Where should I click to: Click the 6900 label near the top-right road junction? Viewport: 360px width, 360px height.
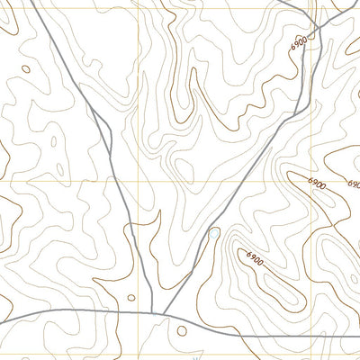point(301,42)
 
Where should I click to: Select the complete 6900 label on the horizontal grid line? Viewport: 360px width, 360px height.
point(318,182)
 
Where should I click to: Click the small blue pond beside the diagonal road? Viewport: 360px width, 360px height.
point(214,235)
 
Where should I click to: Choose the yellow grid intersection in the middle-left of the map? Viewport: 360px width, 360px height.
point(139,181)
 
